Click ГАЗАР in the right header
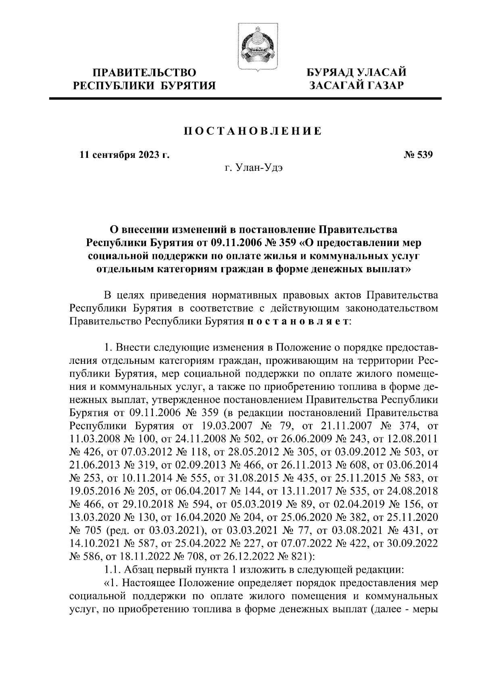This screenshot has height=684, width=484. click(x=384, y=85)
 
